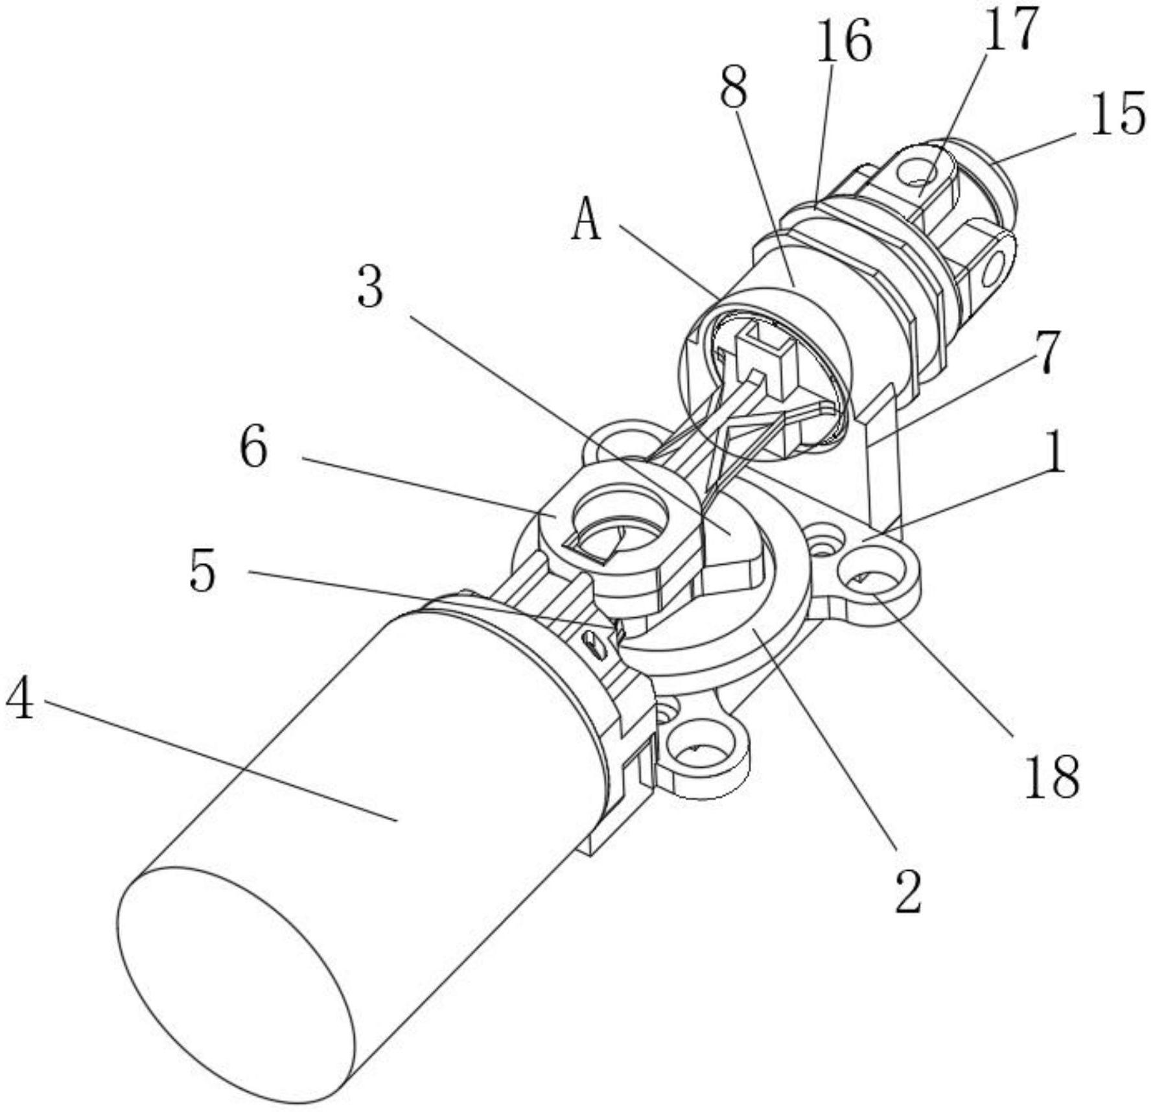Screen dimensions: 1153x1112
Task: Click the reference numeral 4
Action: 21,700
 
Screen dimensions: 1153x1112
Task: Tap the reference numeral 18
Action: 1051,775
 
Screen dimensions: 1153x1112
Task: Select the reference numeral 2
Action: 907,891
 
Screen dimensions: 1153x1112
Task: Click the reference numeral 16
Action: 843,40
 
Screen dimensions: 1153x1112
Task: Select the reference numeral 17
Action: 1010,29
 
